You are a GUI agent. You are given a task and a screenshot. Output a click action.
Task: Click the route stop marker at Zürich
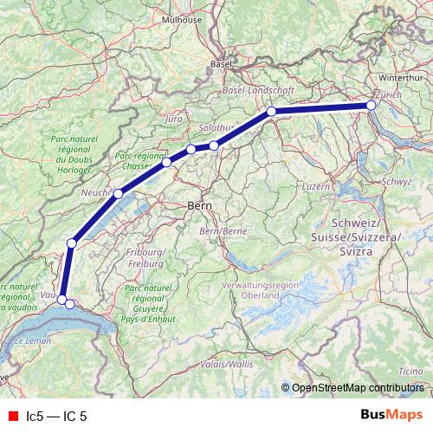click(x=372, y=106)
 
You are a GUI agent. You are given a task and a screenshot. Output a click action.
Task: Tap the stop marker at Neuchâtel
click(x=118, y=193)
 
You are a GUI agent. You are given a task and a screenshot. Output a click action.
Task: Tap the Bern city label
click(x=201, y=206)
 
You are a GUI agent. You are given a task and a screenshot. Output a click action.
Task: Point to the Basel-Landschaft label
click(x=260, y=89)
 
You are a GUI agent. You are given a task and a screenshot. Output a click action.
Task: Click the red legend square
click(x=12, y=416)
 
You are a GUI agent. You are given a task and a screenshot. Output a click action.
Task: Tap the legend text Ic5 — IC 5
click(x=57, y=416)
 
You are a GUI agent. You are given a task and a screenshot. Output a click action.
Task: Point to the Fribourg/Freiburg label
click(x=145, y=257)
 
